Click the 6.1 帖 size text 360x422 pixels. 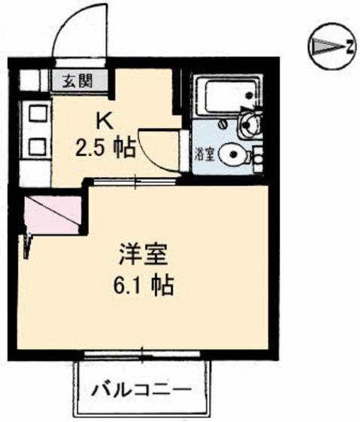(x=148, y=286)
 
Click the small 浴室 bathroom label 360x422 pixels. (x=204, y=155)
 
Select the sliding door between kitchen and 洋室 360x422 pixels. (x=136, y=181)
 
